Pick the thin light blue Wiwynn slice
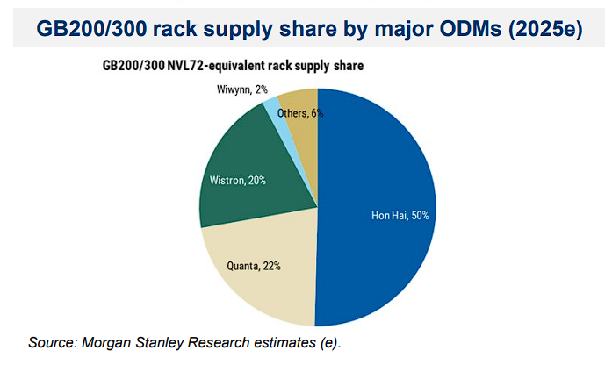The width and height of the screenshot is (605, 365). point(272,111)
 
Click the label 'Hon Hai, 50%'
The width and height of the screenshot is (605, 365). point(399,214)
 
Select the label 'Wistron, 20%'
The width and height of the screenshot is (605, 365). point(238,180)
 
